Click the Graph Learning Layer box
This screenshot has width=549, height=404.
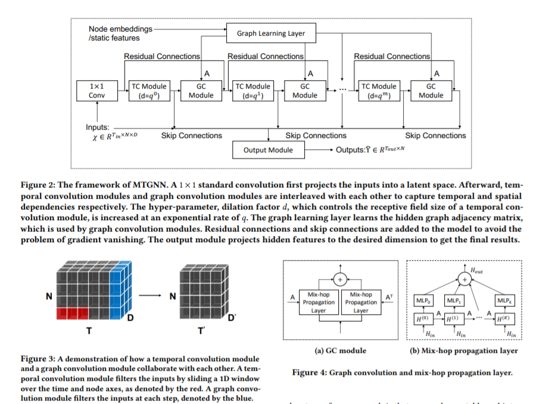coord(270,33)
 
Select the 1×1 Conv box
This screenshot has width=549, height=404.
coord(96,90)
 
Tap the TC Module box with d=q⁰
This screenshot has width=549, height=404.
coord(148,90)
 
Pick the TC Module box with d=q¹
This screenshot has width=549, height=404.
coord(252,90)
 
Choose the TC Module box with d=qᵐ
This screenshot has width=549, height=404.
coord(379,90)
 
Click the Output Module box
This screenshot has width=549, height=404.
coord(268,150)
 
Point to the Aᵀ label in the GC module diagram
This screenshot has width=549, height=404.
coord(388,296)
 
